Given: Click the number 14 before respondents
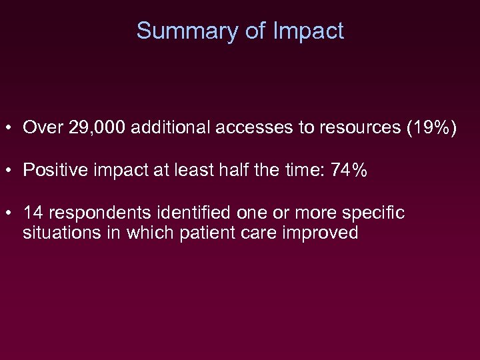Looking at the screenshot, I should point(33,213).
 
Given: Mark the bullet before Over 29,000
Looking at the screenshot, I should point(11,128).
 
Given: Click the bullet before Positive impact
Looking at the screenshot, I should point(11,171).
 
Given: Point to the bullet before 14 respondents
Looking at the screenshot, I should point(11,213).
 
